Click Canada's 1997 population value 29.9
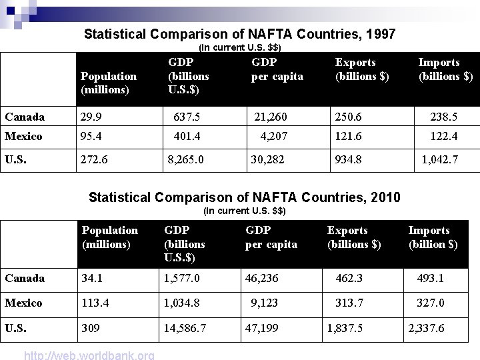tap(91, 117)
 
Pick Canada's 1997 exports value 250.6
tap(349, 117)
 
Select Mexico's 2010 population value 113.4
tap(95, 303)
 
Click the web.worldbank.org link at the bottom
tap(89, 355)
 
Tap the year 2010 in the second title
tap(385, 197)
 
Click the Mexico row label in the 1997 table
tap(23, 137)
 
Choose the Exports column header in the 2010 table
tap(354, 237)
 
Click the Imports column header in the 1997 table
tap(445, 69)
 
